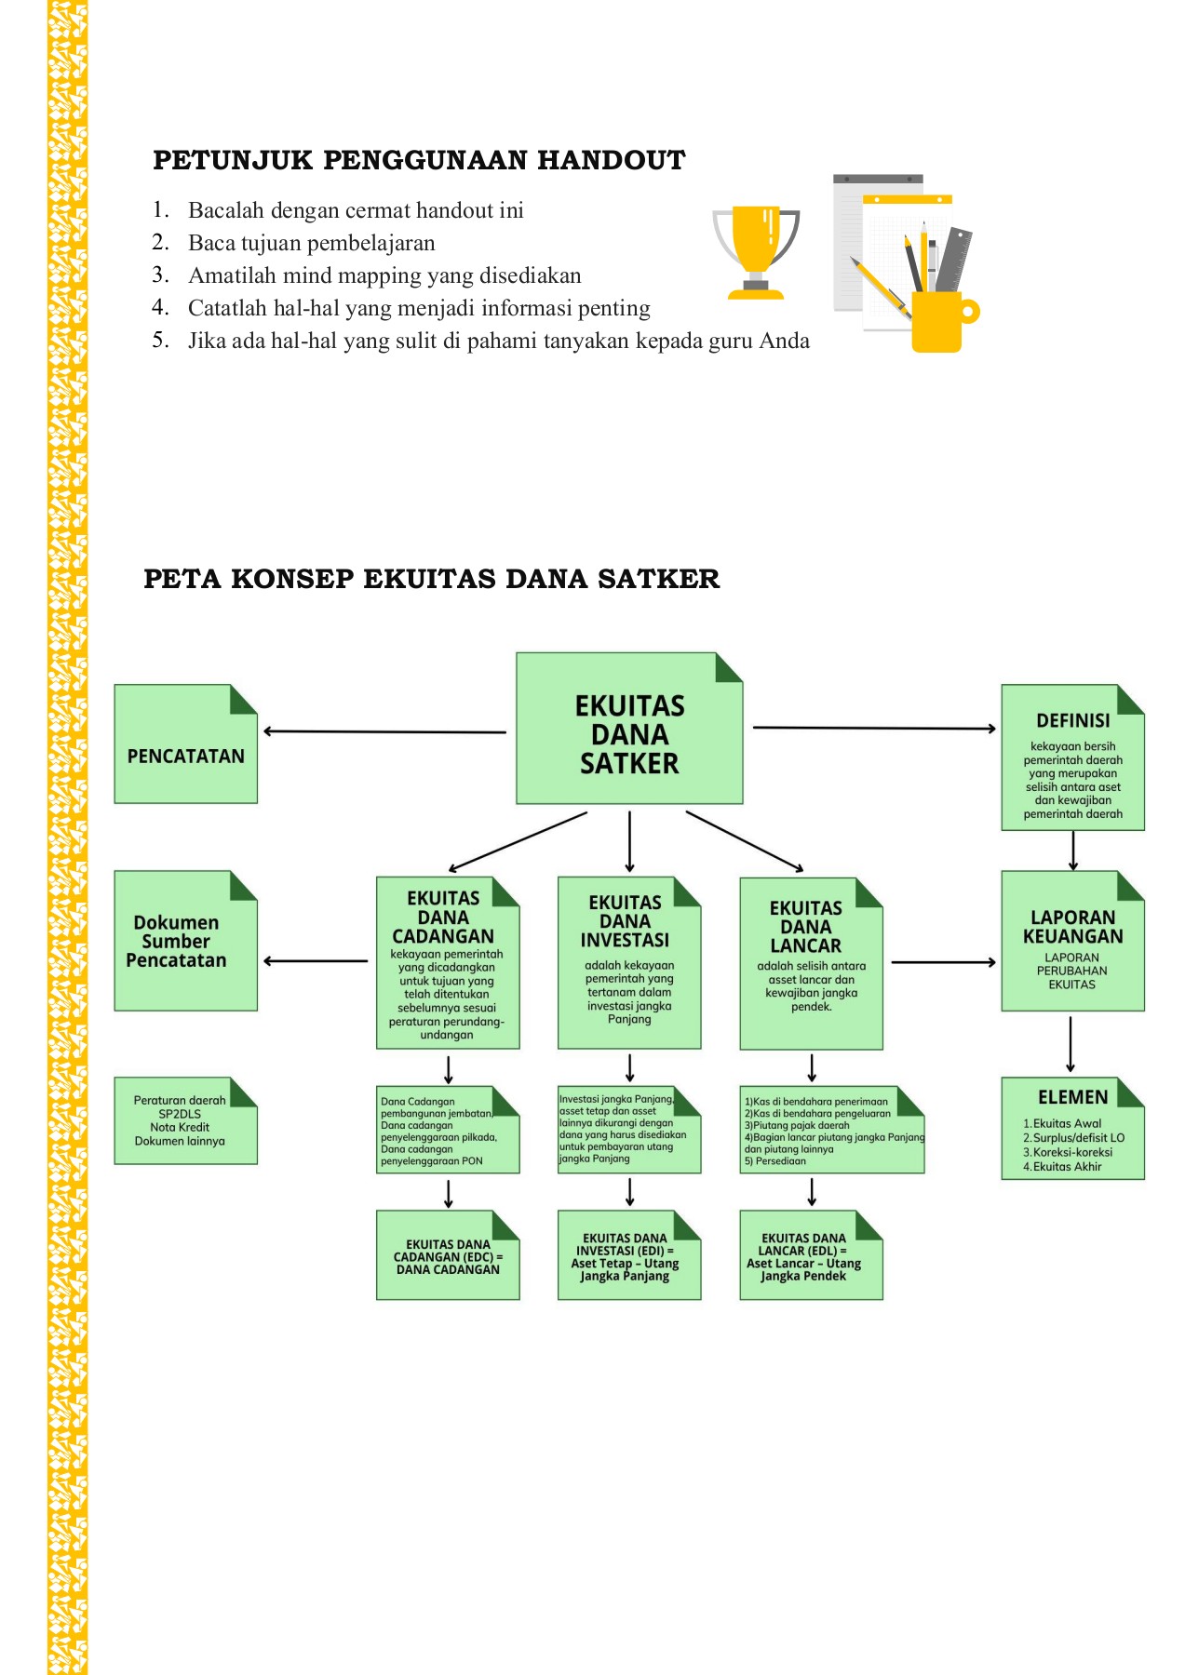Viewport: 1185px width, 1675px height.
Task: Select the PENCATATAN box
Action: point(185,756)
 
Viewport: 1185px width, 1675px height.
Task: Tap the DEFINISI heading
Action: point(1072,720)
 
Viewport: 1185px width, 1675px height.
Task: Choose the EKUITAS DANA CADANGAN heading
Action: point(443,917)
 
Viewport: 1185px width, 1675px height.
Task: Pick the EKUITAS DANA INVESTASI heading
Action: point(625,921)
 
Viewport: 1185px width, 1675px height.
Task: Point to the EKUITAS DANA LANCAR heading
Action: point(806,926)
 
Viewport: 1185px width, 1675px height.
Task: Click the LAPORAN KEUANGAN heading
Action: point(1072,927)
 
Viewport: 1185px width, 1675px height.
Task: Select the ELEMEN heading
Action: point(1072,1097)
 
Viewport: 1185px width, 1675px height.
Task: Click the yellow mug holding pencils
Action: point(938,321)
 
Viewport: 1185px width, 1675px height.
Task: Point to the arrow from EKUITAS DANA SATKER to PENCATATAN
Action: point(384,731)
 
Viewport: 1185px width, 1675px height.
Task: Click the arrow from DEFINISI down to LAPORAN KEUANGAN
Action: point(1073,850)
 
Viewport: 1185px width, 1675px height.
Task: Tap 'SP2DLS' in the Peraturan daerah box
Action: point(180,1114)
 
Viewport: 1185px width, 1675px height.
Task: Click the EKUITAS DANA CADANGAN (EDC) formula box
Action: point(448,1256)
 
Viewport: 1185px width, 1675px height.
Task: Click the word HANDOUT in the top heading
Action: point(611,160)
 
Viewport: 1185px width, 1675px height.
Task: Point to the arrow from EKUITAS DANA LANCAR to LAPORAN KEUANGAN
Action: point(942,962)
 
